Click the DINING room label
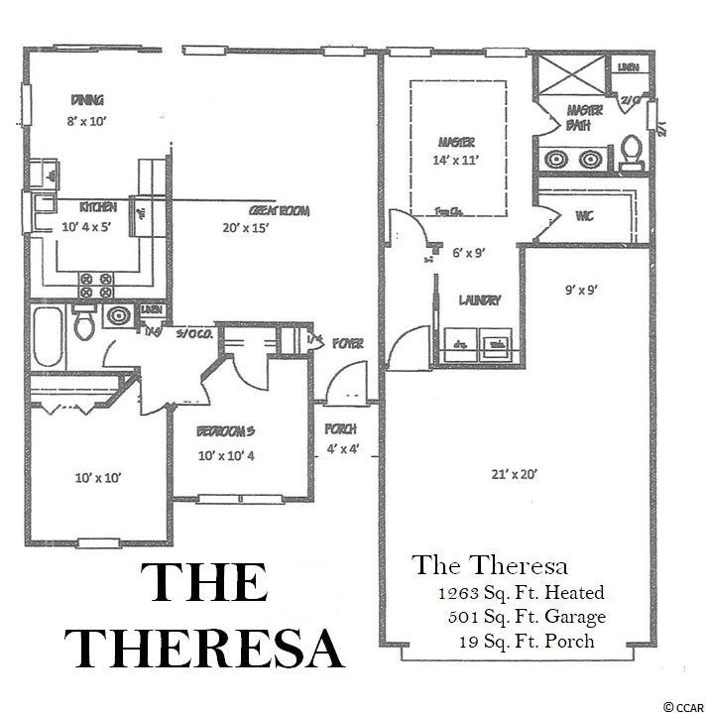click(x=88, y=99)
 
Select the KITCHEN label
click(x=99, y=207)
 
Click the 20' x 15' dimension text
click(x=247, y=228)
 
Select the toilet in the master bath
click(x=630, y=151)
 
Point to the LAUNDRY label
click(x=479, y=299)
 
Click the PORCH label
click(x=340, y=429)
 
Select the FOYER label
click(x=347, y=343)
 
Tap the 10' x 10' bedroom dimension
click(x=97, y=478)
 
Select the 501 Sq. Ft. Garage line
click(x=526, y=617)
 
